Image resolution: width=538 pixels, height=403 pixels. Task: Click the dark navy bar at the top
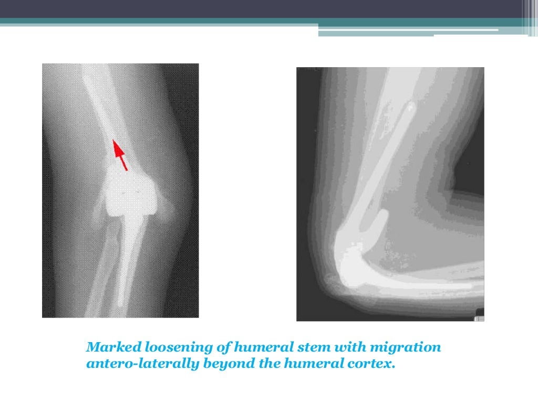tap(263, 8)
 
